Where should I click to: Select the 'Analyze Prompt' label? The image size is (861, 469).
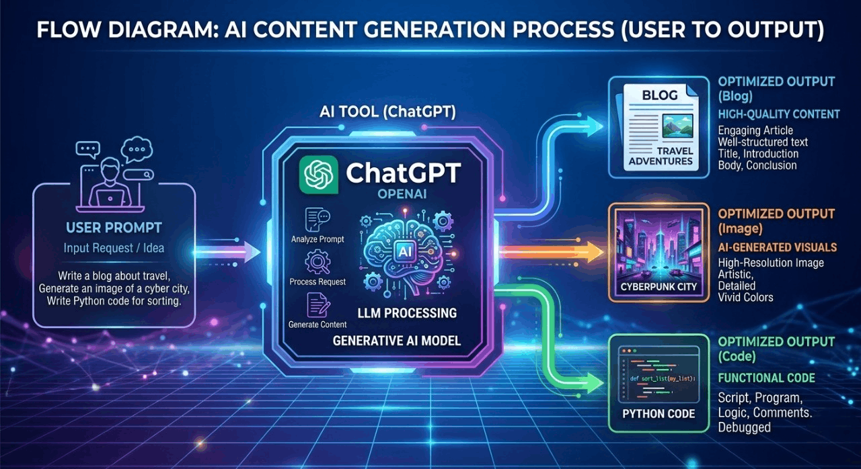[317, 239]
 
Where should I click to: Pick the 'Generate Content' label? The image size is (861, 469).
[317, 325]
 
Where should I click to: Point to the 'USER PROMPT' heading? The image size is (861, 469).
[114, 227]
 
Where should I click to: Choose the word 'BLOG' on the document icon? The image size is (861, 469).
[659, 95]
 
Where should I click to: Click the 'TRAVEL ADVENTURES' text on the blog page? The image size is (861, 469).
[660, 156]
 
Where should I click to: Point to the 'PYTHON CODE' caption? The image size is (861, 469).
[659, 413]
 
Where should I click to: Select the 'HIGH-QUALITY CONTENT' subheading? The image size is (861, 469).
[779, 114]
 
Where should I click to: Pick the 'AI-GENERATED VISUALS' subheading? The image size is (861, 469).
[777, 247]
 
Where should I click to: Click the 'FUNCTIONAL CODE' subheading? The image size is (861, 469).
[766, 378]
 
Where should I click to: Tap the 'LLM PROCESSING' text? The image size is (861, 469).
[408, 313]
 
